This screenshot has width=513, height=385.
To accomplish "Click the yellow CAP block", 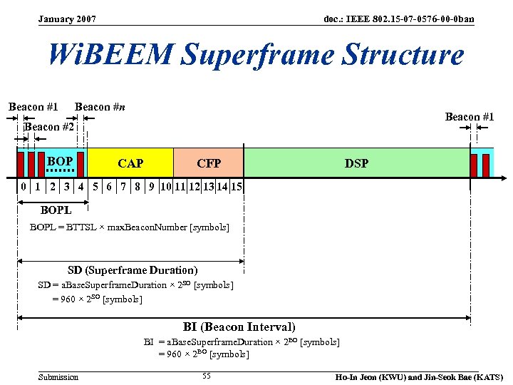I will click(x=130, y=163).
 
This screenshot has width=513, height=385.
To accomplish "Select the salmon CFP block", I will click(x=208, y=163).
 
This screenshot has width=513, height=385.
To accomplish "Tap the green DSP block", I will click(x=356, y=163).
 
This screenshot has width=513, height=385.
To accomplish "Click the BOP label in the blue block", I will click(x=60, y=162).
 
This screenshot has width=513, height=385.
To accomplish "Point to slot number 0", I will click(x=24, y=188).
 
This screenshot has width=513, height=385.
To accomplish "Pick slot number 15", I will click(x=237, y=188).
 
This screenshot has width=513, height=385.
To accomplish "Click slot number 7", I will click(x=123, y=188).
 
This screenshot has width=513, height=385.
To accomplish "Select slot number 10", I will click(x=165, y=188).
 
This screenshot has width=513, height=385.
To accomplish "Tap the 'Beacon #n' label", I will click(x=100, y=107).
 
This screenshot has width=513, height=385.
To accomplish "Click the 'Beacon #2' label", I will click(x=49, y=127).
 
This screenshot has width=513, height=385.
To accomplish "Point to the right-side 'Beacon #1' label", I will click(x=470, y=116).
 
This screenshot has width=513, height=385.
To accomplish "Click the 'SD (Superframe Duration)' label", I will click(x=133, y=270).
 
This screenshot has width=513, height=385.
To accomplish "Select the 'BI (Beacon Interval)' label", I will click(x=239, y=327).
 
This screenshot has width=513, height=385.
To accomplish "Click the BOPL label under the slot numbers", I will click(x=56, y=210).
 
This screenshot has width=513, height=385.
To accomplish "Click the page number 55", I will click(x=206, y=376).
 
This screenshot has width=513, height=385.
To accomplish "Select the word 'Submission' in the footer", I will click(x=58, y=376).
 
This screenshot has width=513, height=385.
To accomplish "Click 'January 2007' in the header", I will click(x=68, y=19).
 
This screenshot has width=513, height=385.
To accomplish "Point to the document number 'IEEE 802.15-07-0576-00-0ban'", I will click(x=398, y=19).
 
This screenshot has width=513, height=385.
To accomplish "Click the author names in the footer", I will click(x=419, y=376).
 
